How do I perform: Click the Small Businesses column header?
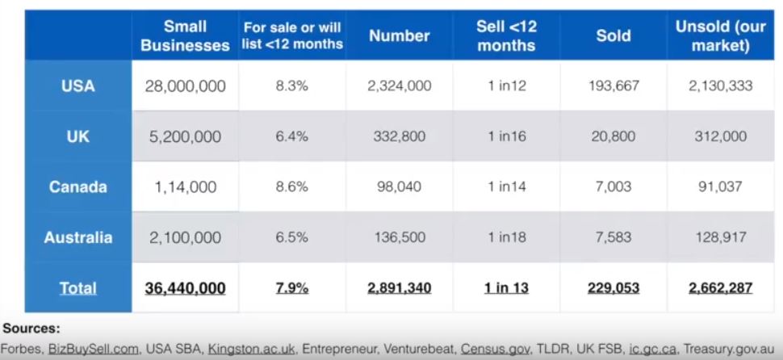[x=185, y=36]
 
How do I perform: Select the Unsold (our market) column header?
[x=720, y=36]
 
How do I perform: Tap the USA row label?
[x=77, y=86]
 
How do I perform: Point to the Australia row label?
[x=77, y=237]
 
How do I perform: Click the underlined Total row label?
[x=77, y=288]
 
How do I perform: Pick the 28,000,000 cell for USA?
[x=185, y=86]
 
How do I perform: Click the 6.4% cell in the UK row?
[x=291, y=136]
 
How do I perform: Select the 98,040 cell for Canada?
[x=399, y=187]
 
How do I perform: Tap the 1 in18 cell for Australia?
[x=506, y=237]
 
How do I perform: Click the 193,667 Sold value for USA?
[x=613, y=86]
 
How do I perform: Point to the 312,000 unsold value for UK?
[x=720, y=136]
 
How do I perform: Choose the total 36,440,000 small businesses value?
[x=185, y=288]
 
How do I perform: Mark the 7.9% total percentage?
[x=291, y=288]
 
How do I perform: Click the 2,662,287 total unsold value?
[x=720, y=288]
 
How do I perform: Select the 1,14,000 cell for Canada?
[x=185, y=187]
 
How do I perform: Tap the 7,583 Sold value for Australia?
[x=613, y=237]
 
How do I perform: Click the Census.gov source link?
[x=492, y=349]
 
